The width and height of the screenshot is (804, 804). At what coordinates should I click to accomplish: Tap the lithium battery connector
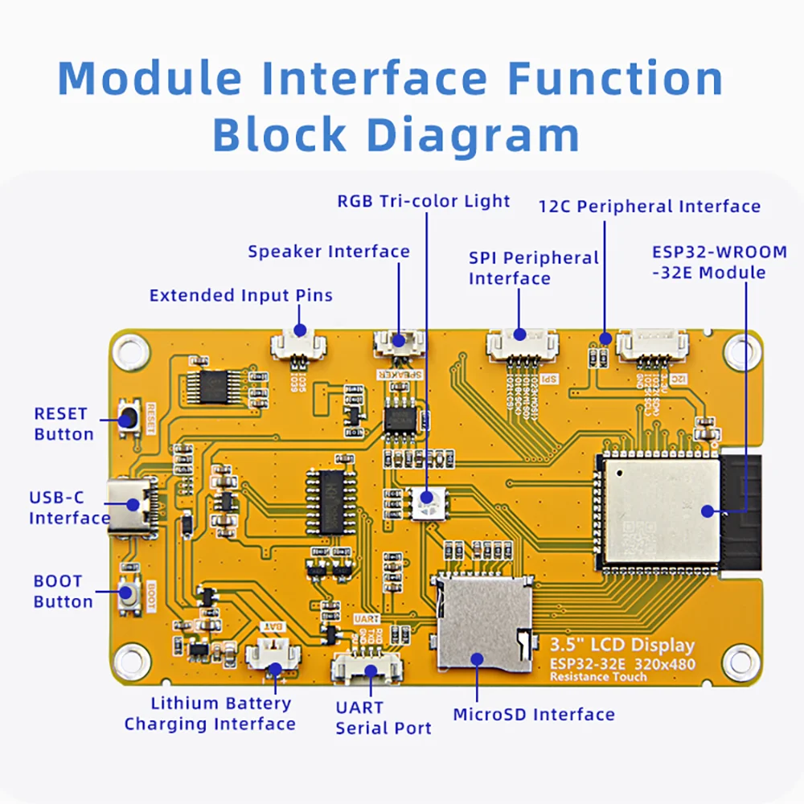pyautogui.click(x=273, y=655)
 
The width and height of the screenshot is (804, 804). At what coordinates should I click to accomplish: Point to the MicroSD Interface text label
pyautogui.click(x=534, y=714)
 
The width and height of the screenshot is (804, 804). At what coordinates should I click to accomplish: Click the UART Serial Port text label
pyautogui.click(x=384, y=718)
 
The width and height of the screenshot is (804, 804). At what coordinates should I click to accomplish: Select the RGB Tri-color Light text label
pyautogui.click(x=424, y=201)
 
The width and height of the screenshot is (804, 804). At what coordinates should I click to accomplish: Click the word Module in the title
pyautogui.click(x=150, y=80)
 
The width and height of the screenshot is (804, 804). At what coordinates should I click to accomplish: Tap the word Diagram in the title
pyautogui.click(x=474, y=134)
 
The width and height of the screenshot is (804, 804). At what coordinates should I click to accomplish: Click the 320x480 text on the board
pyautogui.click(x=663, y=664)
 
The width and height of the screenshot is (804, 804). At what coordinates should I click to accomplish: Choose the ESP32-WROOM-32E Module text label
pyautogui.click(x=720, y=262)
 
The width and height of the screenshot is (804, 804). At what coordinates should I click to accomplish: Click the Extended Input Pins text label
pyautogui.click(x=240, y=295)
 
